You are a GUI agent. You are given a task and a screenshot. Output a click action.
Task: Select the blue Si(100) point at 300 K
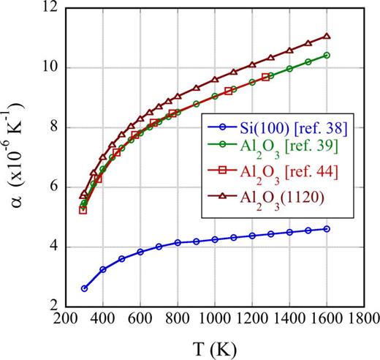tap(84, 288)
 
